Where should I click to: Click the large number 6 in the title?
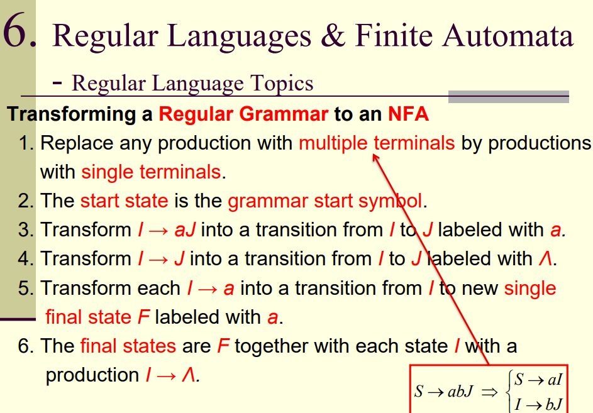click(19, 31)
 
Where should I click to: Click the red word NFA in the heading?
click(408, 114)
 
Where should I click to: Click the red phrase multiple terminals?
click(376, 143)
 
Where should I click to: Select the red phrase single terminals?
click(151, 172)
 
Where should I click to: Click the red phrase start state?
click(124, 201)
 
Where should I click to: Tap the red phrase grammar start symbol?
click(325, 201)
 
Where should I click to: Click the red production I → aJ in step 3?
click(166, 230)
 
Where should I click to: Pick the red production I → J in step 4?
click(160, 259)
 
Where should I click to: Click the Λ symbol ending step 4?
click(545, 259)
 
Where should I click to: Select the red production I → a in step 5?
click(211, 289)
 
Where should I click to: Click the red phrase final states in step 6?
click(128, 346)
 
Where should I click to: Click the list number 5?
click(25, 289)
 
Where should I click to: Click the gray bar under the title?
click(508, 96)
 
